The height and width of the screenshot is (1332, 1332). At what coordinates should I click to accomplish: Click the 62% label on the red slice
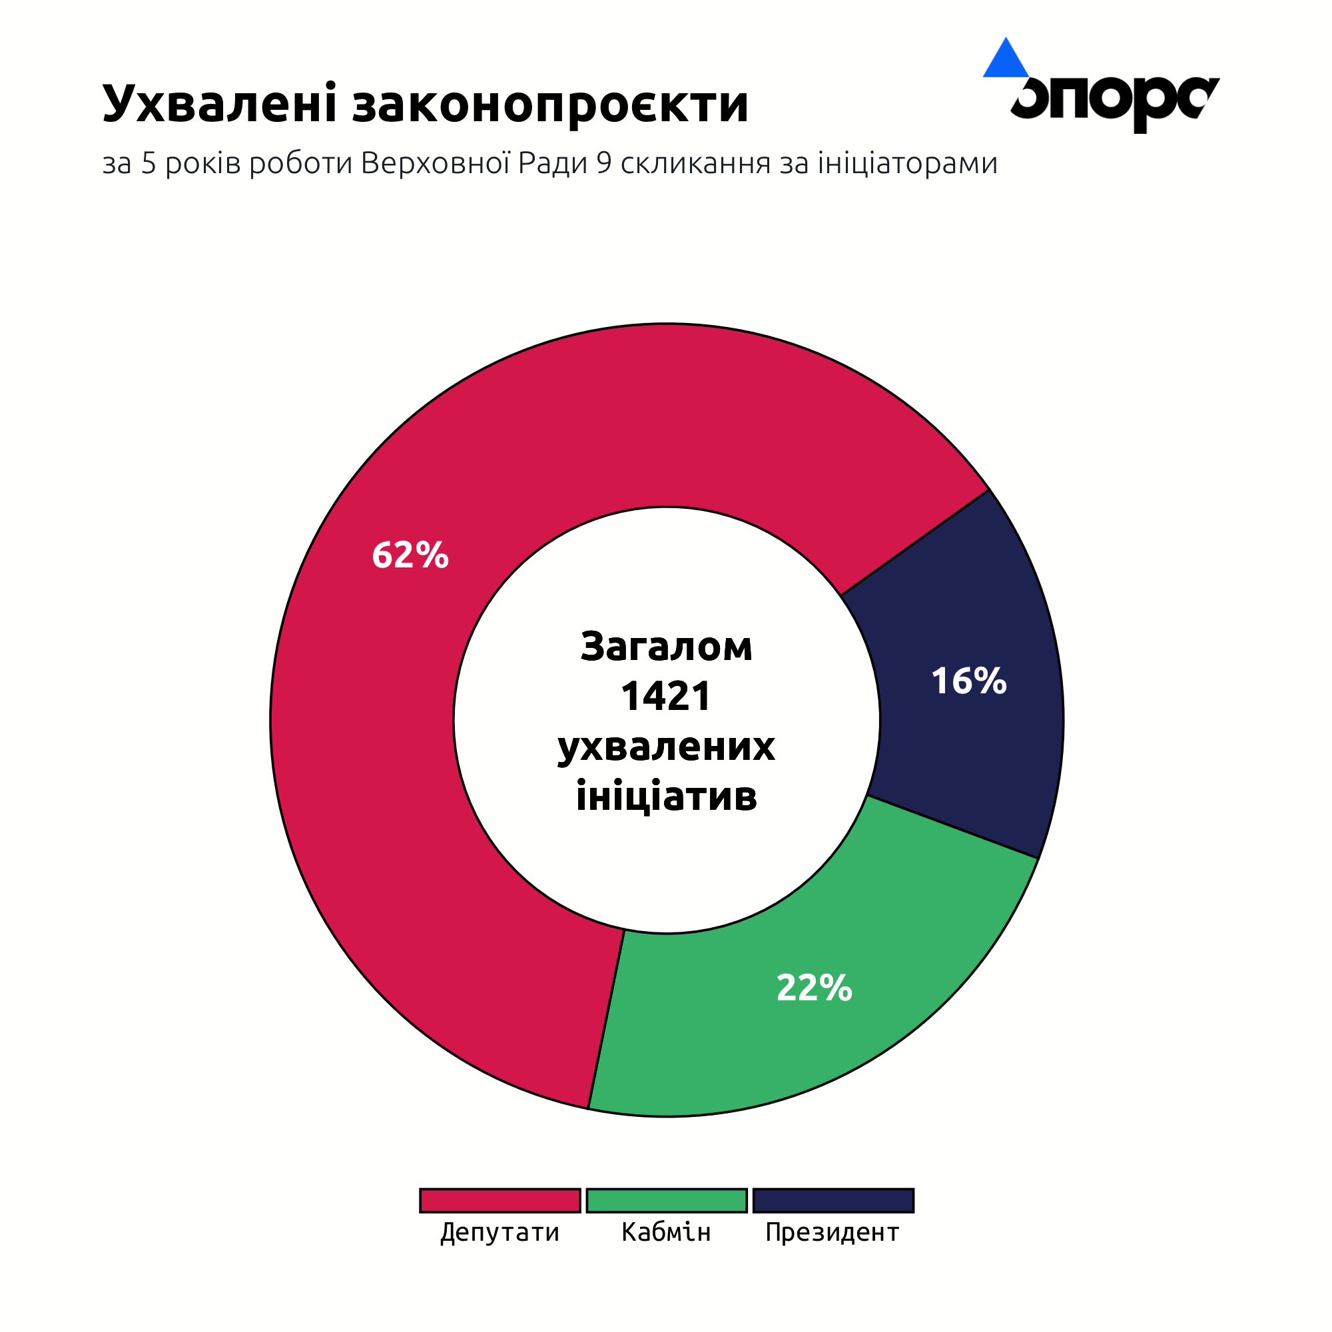[x=410, y=555]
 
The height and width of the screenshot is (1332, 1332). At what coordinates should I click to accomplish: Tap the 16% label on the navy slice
[x=968, y=681]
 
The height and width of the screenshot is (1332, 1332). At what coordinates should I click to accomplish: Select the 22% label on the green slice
[x=815, y=988]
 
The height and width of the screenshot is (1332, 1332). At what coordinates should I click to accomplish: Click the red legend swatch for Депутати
[x=500, y=1200]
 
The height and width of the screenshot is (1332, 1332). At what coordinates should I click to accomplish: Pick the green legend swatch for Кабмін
[x=667, y=1200]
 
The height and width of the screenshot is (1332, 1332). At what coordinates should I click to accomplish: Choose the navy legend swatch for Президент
[x=833, y=1200]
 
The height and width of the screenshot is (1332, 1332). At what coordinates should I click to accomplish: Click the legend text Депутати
[x=500, y=1232]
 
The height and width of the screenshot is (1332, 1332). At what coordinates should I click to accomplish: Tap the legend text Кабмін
[x=666, y=1232]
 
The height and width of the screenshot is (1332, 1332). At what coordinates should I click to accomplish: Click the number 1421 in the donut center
[x=666, y=697]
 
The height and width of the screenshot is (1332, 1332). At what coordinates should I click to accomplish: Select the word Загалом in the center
[x=666, y=647]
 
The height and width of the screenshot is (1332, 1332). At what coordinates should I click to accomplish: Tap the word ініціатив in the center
[x=666, y=796]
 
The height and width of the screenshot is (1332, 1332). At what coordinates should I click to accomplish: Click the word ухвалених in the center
[x=666, y=747]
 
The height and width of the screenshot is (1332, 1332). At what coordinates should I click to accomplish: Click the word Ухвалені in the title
[x=219, y=103]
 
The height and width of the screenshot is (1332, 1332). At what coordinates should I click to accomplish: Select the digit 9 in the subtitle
[x=604, y=163]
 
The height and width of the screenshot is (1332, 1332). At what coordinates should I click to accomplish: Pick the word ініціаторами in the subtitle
[x=907, y=163]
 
